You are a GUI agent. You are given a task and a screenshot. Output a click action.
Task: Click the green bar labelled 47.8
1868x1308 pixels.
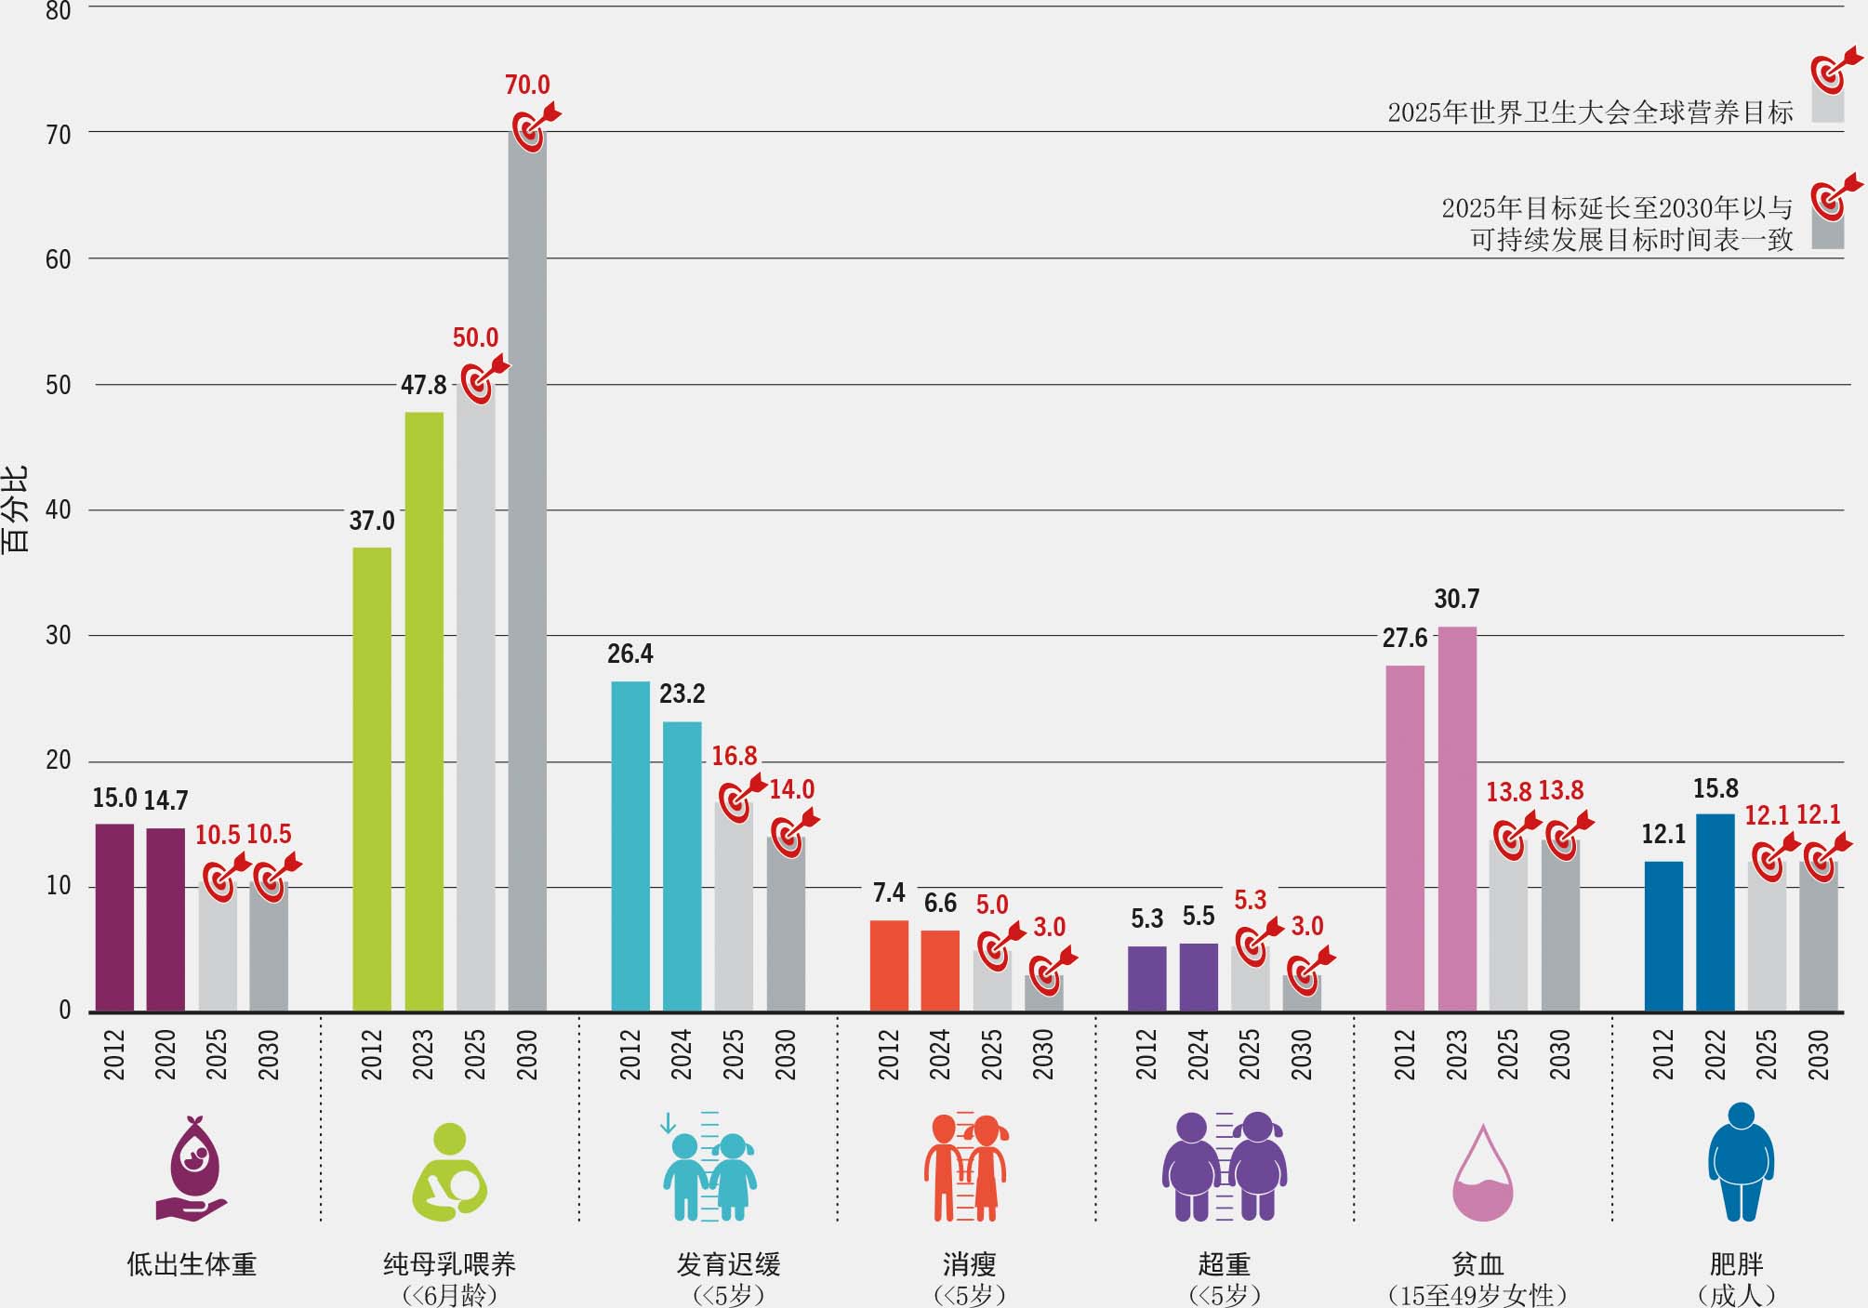tap(424, 711)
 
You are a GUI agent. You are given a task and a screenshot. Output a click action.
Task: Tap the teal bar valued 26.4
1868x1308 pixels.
tap(630, 846)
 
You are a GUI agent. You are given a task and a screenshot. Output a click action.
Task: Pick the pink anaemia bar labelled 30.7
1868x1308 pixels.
tap(1457, 818)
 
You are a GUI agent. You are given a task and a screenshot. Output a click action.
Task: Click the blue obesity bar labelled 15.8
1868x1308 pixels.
tap(1715, 912)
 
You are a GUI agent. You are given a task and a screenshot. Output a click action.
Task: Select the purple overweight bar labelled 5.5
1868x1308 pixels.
tap(1199, 977)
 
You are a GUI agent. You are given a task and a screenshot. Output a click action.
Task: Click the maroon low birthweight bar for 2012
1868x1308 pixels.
tap(114, 917)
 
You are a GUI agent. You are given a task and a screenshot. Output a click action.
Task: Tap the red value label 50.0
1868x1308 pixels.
tap(475, 337)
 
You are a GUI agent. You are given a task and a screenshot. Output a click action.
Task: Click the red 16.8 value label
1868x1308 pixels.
tap(734, 756)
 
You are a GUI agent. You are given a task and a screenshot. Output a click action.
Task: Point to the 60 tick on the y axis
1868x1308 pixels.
tap(59, 259)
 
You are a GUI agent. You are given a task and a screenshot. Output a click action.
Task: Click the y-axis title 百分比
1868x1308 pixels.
tap(16, 509)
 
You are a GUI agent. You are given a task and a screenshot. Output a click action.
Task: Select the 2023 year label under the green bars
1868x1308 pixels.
tap(423, 1054)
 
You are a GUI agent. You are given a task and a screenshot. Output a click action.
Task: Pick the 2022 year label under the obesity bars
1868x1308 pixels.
tap(1715, 1054)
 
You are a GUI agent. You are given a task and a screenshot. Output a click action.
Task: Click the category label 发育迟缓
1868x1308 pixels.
tap(728, 1264)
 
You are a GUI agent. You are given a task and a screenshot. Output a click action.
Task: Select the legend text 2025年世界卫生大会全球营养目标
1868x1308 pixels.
tap(1590, 112)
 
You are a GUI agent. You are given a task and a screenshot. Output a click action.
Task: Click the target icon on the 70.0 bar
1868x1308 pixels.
tap(531, 128)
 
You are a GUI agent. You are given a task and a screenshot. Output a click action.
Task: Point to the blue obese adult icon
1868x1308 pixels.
tap(1741, 1162)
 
